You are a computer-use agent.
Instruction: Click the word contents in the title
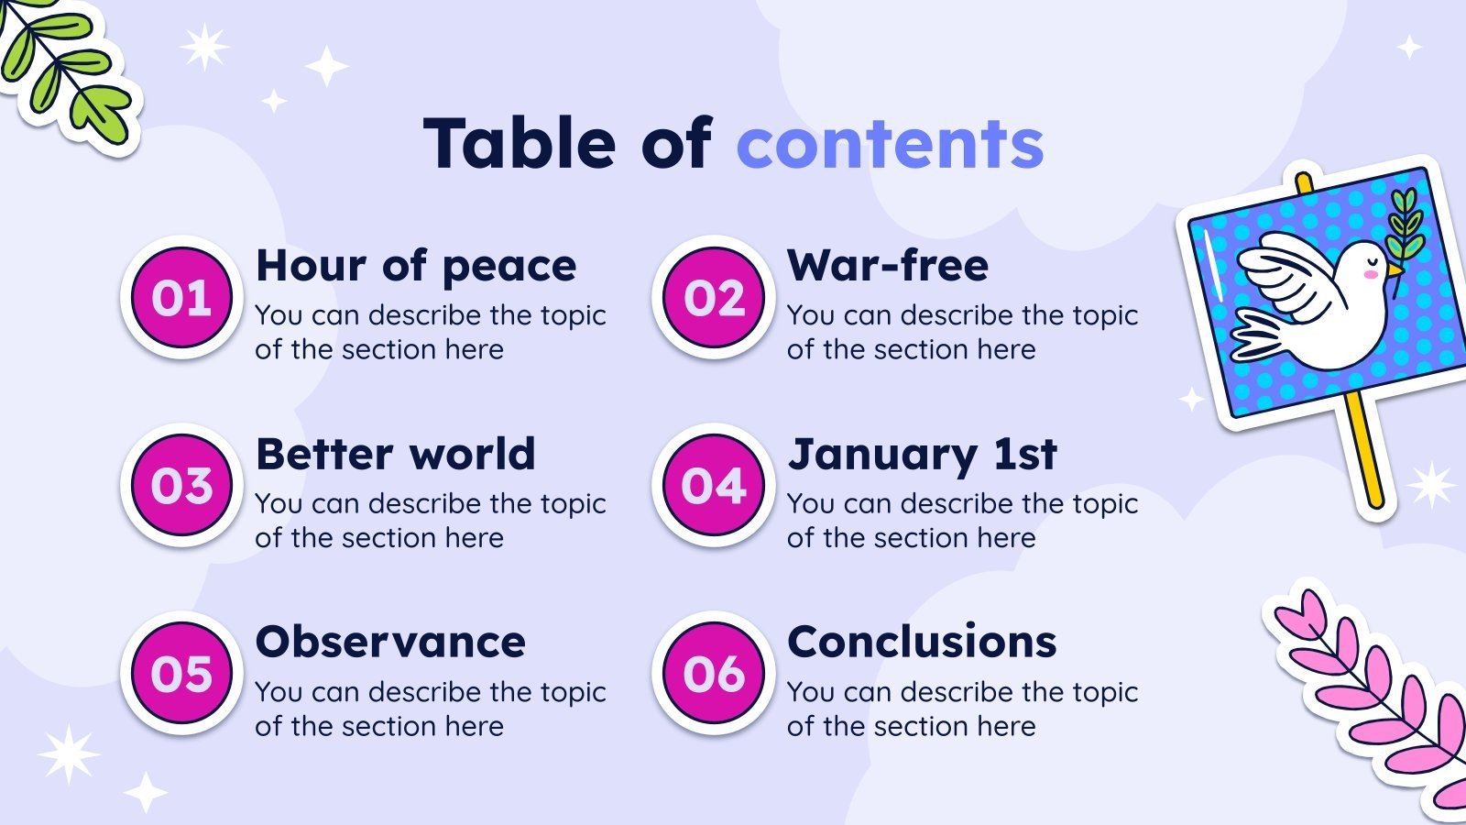[x=890, y=145]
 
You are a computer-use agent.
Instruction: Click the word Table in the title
[x=520, y=145]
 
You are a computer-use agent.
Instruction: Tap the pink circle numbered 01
[x=181, y=298]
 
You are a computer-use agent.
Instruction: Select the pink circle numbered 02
[x=714, y=298]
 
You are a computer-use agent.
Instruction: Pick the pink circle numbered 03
[x=181, y=486]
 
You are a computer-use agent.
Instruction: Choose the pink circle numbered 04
[x=714, y=486]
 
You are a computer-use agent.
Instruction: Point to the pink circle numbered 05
[x=181, y=675]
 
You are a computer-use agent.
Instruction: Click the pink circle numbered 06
[x=714, y=675]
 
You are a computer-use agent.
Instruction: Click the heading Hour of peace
[x=416, y=267]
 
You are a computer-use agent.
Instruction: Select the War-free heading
[x=888, y=267]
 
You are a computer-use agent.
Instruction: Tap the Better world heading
[x=395, y=455]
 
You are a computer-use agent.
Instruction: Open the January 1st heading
[x=922, y=455]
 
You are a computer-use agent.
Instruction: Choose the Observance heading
[x=390, y=643]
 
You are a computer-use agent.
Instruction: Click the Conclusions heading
[x=922, y=643]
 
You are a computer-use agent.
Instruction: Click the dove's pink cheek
[x=1371, y=274]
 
